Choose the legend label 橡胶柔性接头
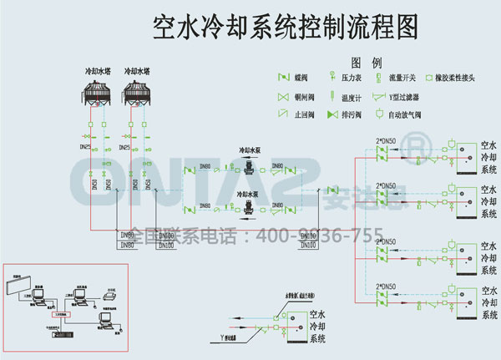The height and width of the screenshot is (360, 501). click(x=454, y=78)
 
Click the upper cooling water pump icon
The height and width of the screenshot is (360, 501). click(x=251, y=164)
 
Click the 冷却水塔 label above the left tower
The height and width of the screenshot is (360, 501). click(x=98, y=72)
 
